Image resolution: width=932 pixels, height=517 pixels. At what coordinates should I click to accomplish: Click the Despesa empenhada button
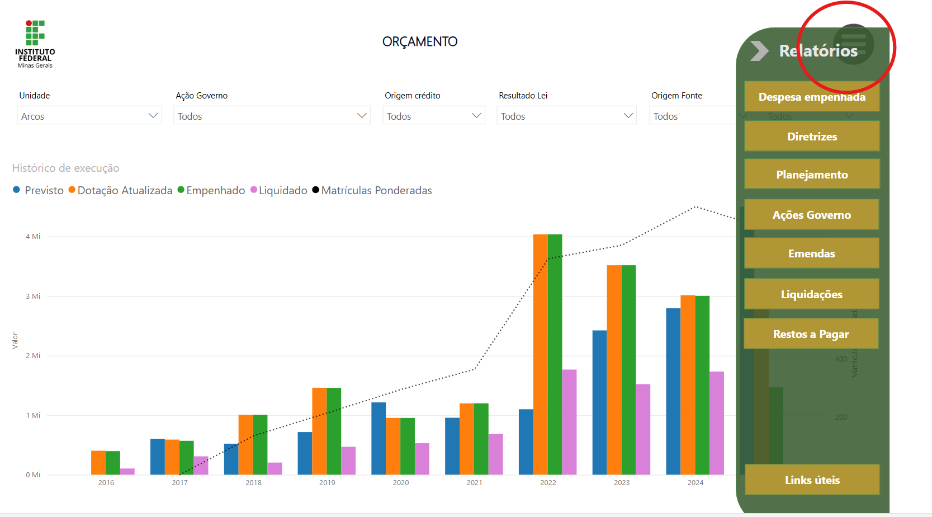click(812, 97)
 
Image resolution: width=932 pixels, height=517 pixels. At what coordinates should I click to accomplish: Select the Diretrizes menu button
click(812, 137)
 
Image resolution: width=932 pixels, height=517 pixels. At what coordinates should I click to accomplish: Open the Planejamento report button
click(812, 175)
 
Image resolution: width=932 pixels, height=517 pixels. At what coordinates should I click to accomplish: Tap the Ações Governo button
click(812, 215)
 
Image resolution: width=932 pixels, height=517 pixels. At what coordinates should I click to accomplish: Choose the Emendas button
click(812, 253)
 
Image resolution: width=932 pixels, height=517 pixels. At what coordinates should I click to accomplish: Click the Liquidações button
click(812, 294)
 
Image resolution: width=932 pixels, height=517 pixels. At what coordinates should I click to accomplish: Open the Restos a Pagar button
click(811, 334)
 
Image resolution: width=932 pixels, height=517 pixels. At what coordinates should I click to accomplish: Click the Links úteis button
click(812, 480)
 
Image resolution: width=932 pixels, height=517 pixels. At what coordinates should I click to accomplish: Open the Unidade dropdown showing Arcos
click(89, 116)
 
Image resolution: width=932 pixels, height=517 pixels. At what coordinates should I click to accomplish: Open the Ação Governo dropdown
click(272, 116)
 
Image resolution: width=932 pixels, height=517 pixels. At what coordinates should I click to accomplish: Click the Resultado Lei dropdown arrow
click(628, 116)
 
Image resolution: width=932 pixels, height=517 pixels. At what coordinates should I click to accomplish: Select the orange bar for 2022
click(540, 354)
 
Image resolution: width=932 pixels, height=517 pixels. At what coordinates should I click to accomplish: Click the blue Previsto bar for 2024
click(673, 391)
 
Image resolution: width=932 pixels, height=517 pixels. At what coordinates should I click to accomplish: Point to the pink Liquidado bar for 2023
click(643, 429)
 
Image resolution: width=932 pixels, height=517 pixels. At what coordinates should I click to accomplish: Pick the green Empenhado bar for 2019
click(334, 431)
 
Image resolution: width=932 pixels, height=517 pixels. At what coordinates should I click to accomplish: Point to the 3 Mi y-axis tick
click(33, 296)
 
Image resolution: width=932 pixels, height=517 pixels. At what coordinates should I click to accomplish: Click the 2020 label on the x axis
click(401, 482)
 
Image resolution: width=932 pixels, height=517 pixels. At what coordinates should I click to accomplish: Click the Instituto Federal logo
click(35, 44)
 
